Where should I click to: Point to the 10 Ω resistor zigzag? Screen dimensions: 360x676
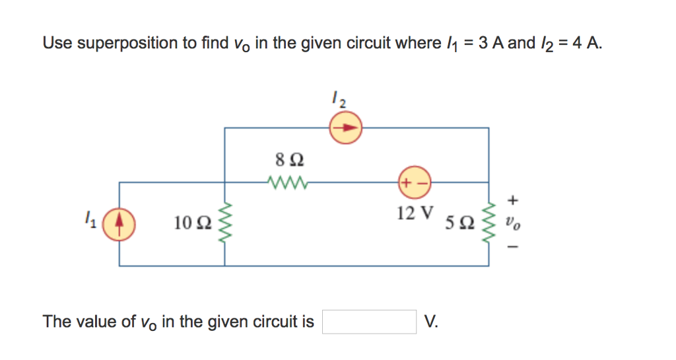pyautogui.click(x=225, y=223)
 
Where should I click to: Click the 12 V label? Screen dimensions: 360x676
pyautogui.click(x=415, y=213)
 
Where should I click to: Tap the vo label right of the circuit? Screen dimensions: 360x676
pyautogui.click(x=514, y=223)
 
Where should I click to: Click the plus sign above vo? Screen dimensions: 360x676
pyautogui.click(x=514, y=198)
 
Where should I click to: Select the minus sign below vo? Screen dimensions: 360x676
pyautogui.click(x=514, y=248)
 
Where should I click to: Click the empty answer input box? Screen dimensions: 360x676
pyautogui.click(x=369, y=322)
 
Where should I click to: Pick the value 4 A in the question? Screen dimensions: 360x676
pyautogui.click(x=586, y=44)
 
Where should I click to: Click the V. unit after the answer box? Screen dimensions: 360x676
pyautogui.click(x=432, y=322)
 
